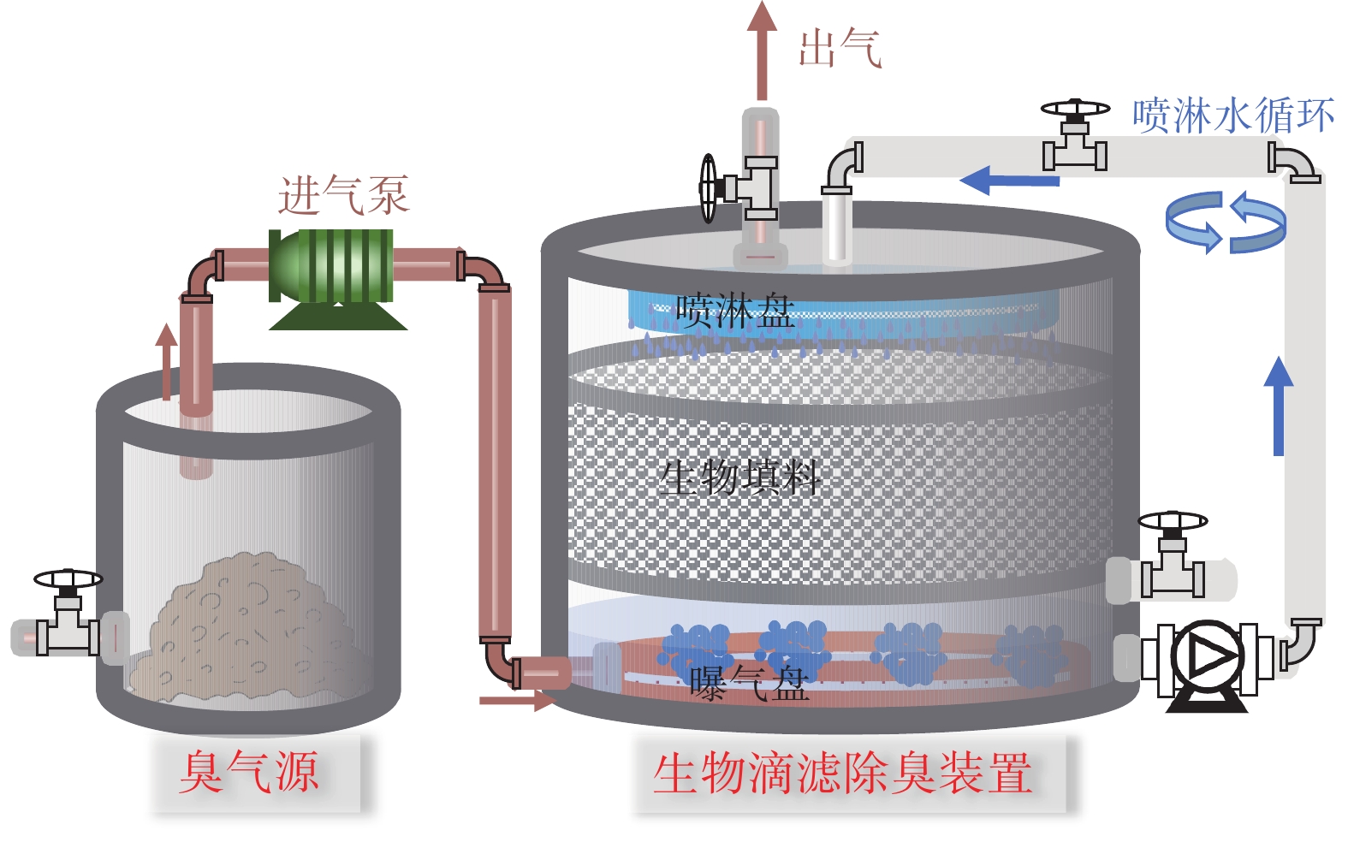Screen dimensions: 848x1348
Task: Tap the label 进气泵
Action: click(x=343, y=195)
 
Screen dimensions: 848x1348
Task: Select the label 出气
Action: click(x=839, y=48)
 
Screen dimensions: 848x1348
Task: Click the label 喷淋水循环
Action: click(x=1233, y=116)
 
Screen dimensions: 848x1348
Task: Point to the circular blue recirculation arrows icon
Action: click(x=1226, y=222)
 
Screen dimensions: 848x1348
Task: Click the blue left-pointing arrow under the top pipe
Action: click(x=1010, y=180)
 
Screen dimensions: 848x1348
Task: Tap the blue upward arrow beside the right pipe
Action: click(x=1279, y=406)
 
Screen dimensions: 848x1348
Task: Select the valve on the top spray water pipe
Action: click(x=1075, y=137)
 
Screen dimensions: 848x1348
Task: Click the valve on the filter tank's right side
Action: click(x=1173, y=556)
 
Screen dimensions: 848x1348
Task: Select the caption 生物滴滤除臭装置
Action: click(x=842, y=774)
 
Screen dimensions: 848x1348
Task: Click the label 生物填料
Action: click(x=741, y=476)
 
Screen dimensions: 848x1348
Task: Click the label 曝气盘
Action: click(x=750, y=683)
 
